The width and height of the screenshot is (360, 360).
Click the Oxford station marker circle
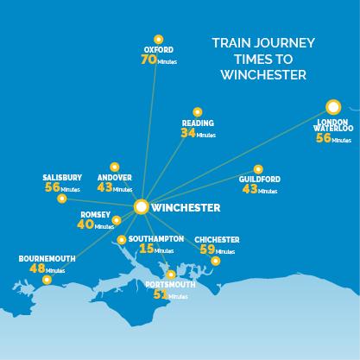coord(157,39)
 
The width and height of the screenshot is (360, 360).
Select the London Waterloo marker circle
coord(332,107)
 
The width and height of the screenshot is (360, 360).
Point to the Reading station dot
coord(197,111)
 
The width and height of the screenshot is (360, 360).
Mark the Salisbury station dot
coord(60,199)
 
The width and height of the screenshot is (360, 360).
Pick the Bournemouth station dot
coord(47,280)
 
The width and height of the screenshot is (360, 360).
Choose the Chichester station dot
coord(216,261)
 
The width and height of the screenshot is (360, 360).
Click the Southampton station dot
coord(121,239)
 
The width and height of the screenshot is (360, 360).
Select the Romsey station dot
coord(117,220)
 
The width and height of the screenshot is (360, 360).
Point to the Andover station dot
coord(114,167)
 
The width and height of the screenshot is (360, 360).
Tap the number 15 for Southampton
coord(147,249)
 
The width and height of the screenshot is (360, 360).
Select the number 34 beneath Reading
coord(188,134)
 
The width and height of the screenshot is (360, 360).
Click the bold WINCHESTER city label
coord(186,208)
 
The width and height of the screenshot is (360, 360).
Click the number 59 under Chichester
coord(208,249)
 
